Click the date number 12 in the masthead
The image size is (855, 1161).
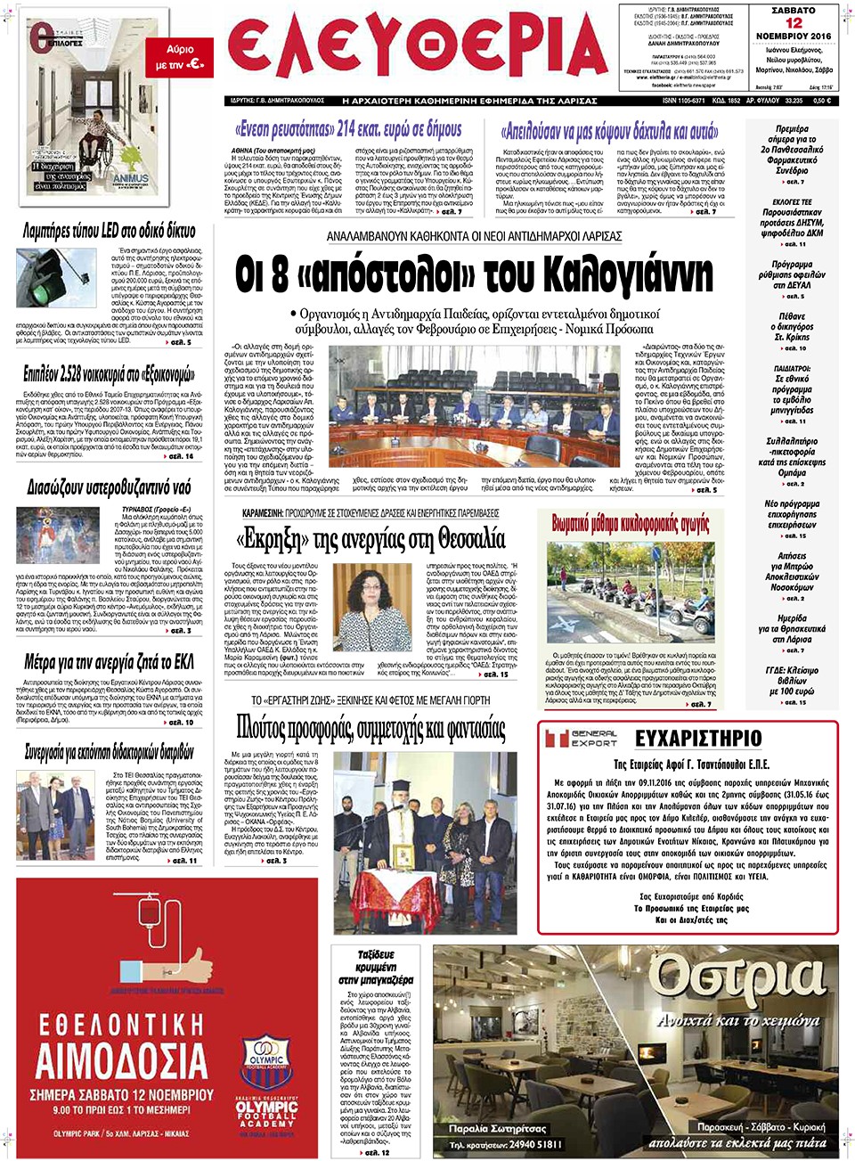pos(793,23)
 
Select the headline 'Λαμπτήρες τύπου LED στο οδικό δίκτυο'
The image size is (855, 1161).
pos(109,232)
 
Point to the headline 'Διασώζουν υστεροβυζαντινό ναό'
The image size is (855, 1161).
pos(109,487)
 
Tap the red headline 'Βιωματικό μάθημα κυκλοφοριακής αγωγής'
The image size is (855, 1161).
pos(630,523)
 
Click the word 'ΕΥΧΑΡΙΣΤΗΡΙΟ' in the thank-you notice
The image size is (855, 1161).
pos(698,738)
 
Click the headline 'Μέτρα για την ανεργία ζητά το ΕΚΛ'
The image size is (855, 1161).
pos(109,662)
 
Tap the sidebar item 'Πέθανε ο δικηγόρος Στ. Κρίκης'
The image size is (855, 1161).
pos(792,327)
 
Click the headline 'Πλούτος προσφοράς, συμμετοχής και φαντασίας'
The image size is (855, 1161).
pos(370,728)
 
